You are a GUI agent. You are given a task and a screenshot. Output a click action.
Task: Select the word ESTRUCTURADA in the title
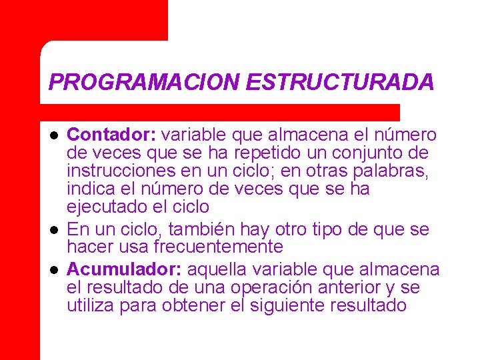point(340,82)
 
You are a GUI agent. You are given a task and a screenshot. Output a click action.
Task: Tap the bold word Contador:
point(111,135)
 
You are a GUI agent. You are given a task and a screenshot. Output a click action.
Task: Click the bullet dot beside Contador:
point(54,135)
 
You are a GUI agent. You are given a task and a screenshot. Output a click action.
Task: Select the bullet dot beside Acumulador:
point(54,269)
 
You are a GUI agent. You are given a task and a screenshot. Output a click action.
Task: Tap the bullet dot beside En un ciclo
point(54,229)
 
